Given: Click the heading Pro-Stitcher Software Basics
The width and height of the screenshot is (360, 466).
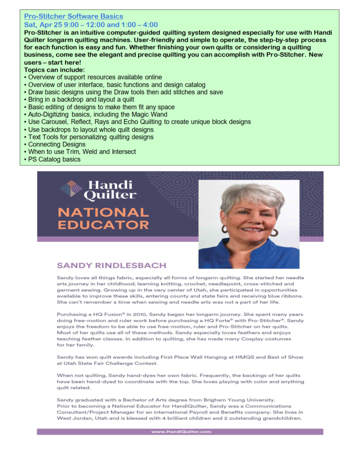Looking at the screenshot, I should [73, 17].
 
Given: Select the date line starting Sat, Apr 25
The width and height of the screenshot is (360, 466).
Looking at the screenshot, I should [91, 25].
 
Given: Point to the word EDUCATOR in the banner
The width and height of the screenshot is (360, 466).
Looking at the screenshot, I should [103, 224].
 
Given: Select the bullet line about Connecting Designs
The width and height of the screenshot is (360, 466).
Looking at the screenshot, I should [57, 144].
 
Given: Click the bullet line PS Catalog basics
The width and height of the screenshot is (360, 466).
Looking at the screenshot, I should [54, 159].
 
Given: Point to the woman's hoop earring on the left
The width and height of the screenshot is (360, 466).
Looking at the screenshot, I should [224, 229].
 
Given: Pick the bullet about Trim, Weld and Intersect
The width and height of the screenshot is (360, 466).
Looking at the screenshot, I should [82, 152].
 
